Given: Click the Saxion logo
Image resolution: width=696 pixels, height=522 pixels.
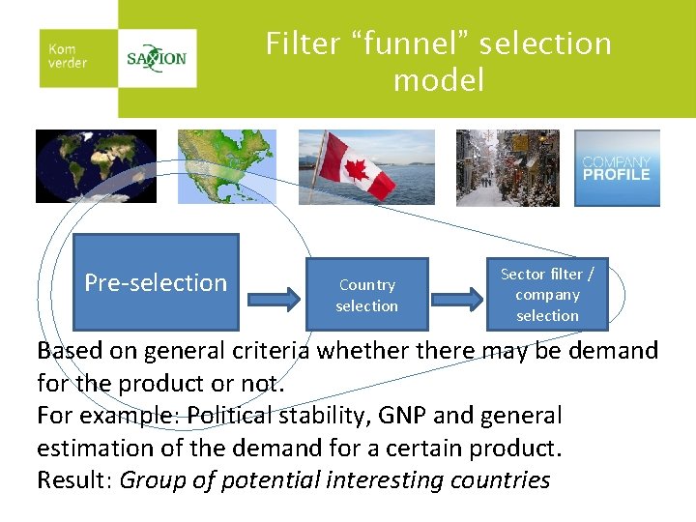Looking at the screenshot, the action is [x=157, y=58].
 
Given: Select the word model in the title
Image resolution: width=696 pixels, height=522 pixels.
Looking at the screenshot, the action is [x=438, y=80].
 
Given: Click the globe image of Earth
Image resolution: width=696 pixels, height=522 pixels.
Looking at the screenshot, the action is [x=95, y=167].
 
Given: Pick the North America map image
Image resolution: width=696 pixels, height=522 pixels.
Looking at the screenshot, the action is [x=226, y=167].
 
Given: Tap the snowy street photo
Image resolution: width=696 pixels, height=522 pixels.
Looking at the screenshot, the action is [x=507, y=168].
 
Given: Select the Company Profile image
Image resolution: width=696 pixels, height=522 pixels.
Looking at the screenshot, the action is [x=617, y=168].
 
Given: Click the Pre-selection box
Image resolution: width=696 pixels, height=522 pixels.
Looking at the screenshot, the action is [x=156, y=282].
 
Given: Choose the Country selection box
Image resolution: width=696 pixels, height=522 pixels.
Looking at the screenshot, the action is [x=367, y=295].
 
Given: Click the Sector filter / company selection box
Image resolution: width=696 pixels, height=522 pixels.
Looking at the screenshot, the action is [x=547, y=295].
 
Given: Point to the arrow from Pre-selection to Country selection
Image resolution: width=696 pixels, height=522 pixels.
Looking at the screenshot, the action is [x=273, y=294].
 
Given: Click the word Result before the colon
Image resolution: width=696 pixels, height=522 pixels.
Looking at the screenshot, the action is [x=71, y=480].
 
